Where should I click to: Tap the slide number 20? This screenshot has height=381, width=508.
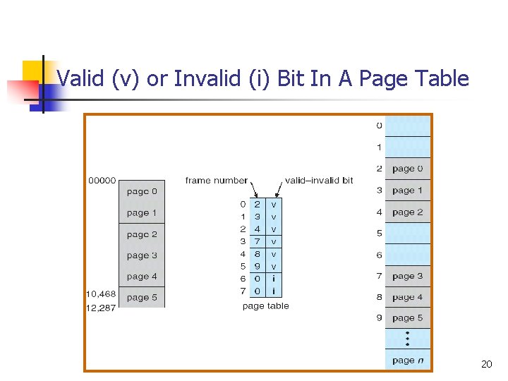pos(486,365)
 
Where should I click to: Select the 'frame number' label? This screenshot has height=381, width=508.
pos(216,181)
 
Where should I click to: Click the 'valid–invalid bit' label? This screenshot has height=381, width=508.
pos(319,181)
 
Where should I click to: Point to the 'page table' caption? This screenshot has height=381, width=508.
pos(265,306)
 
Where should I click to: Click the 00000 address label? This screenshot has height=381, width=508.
pos(102,181)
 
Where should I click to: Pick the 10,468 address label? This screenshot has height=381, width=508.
pos(102,294)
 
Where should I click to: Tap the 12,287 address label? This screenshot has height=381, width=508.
pos(102,308)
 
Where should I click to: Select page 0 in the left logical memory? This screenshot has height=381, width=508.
pos(142,191)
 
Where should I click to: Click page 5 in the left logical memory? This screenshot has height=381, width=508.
pos(142,298)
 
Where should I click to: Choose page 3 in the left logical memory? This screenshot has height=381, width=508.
pos(142,255)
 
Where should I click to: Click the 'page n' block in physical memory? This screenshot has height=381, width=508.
pos(408,360)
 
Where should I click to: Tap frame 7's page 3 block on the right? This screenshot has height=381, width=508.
pos(408,276)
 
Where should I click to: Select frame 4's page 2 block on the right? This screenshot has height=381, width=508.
pos(408,212)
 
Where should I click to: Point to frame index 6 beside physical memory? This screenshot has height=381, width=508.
pos(379,255)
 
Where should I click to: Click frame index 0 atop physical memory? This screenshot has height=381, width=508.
pos(379,126)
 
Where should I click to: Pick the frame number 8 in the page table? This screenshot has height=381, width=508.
pos(258,254)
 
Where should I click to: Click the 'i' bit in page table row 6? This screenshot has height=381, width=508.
pos(274,279)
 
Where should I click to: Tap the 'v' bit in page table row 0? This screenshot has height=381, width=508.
pos(274,204)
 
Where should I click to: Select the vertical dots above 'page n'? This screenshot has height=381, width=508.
pos(408,339)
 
